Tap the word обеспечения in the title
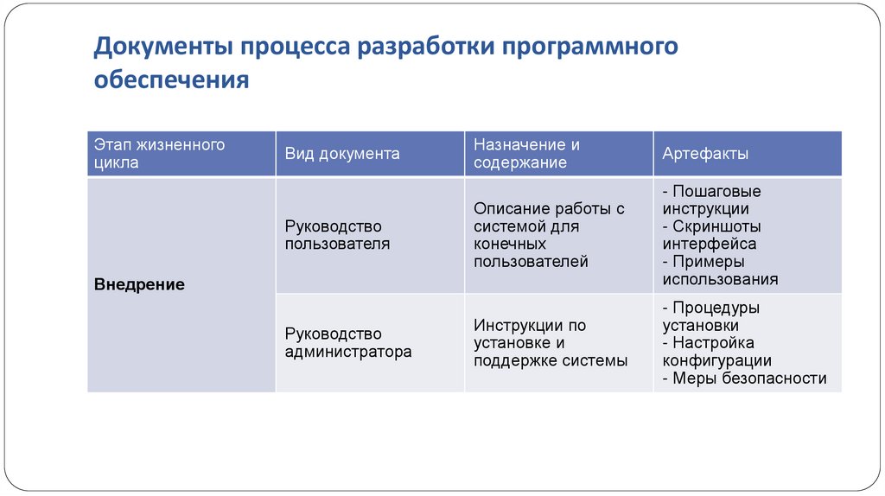pos(171,80)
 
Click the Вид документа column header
pos(342,154)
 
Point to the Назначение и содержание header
pos(526,154)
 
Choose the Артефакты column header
pos(705,154)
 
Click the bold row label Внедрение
pos(139,284)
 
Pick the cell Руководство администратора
pos(348,343)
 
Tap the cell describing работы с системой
pos(549,235)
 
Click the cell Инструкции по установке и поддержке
pos(550,343)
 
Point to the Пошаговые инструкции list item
pos(711,200)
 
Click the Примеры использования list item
pos(720,270)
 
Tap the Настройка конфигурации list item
pos(716,352)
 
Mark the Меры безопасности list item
pos(744,378)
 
